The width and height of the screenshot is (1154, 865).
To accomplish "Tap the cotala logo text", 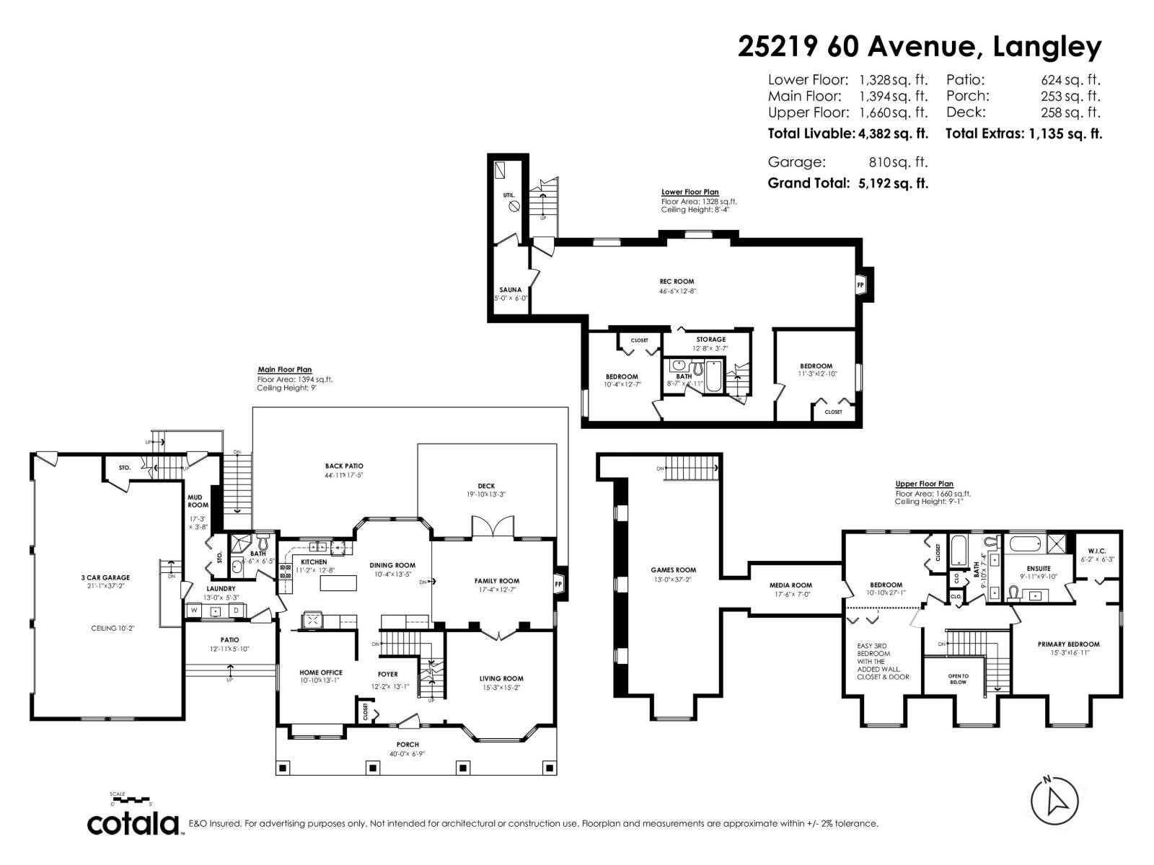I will click(133, 824).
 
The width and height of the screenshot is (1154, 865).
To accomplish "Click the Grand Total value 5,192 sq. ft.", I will click(892, 183).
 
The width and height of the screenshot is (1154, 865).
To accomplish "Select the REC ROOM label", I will click(677, 282).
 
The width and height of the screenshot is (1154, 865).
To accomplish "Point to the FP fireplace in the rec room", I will click(860, 285).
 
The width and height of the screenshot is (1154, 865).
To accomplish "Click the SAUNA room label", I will click(511, 290).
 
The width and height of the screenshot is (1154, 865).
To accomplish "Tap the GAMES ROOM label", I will click(673, 570).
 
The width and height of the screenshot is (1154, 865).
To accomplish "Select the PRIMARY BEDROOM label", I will click(1068, 644).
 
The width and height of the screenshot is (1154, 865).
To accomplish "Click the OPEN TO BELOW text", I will click(958, 678).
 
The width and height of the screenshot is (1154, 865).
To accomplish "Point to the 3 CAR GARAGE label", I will click(105, 577).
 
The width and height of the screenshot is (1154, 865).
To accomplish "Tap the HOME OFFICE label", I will click(321, 673).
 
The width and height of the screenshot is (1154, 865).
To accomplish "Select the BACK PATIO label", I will click(344, 466).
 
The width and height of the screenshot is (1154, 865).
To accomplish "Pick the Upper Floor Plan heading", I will click(924, 484).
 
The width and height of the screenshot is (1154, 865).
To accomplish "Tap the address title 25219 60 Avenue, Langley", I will click(920, 47).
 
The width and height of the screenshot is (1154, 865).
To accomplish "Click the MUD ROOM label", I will click(198, 501).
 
